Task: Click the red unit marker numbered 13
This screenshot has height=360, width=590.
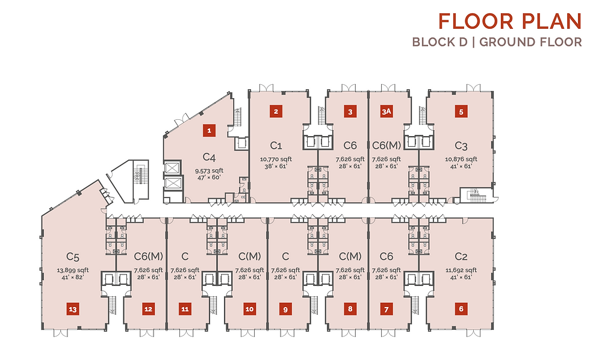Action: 73,309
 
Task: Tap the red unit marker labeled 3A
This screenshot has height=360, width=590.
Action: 387,111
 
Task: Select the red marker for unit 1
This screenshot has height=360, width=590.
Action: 210,131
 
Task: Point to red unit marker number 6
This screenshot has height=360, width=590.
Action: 461,309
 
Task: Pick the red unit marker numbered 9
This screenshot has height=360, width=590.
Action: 285,309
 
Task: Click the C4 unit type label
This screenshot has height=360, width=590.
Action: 209,157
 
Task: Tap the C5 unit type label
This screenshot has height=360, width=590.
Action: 73,256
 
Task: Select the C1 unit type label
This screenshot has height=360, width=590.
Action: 276,145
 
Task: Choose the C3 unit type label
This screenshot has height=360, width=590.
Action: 461,145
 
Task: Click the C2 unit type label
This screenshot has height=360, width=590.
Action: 461,256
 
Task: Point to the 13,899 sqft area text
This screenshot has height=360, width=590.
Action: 73,270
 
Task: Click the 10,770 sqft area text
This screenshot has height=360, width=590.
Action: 276,159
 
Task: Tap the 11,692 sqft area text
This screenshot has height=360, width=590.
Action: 461,270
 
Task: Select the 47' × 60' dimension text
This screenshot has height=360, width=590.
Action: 209,178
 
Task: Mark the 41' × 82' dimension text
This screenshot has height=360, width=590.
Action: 73,278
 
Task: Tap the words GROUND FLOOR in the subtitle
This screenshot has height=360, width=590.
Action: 530,42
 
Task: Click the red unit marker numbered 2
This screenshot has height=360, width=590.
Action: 276,111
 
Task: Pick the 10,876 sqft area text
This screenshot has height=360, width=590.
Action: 461,159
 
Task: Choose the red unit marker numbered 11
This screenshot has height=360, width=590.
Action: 185,309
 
